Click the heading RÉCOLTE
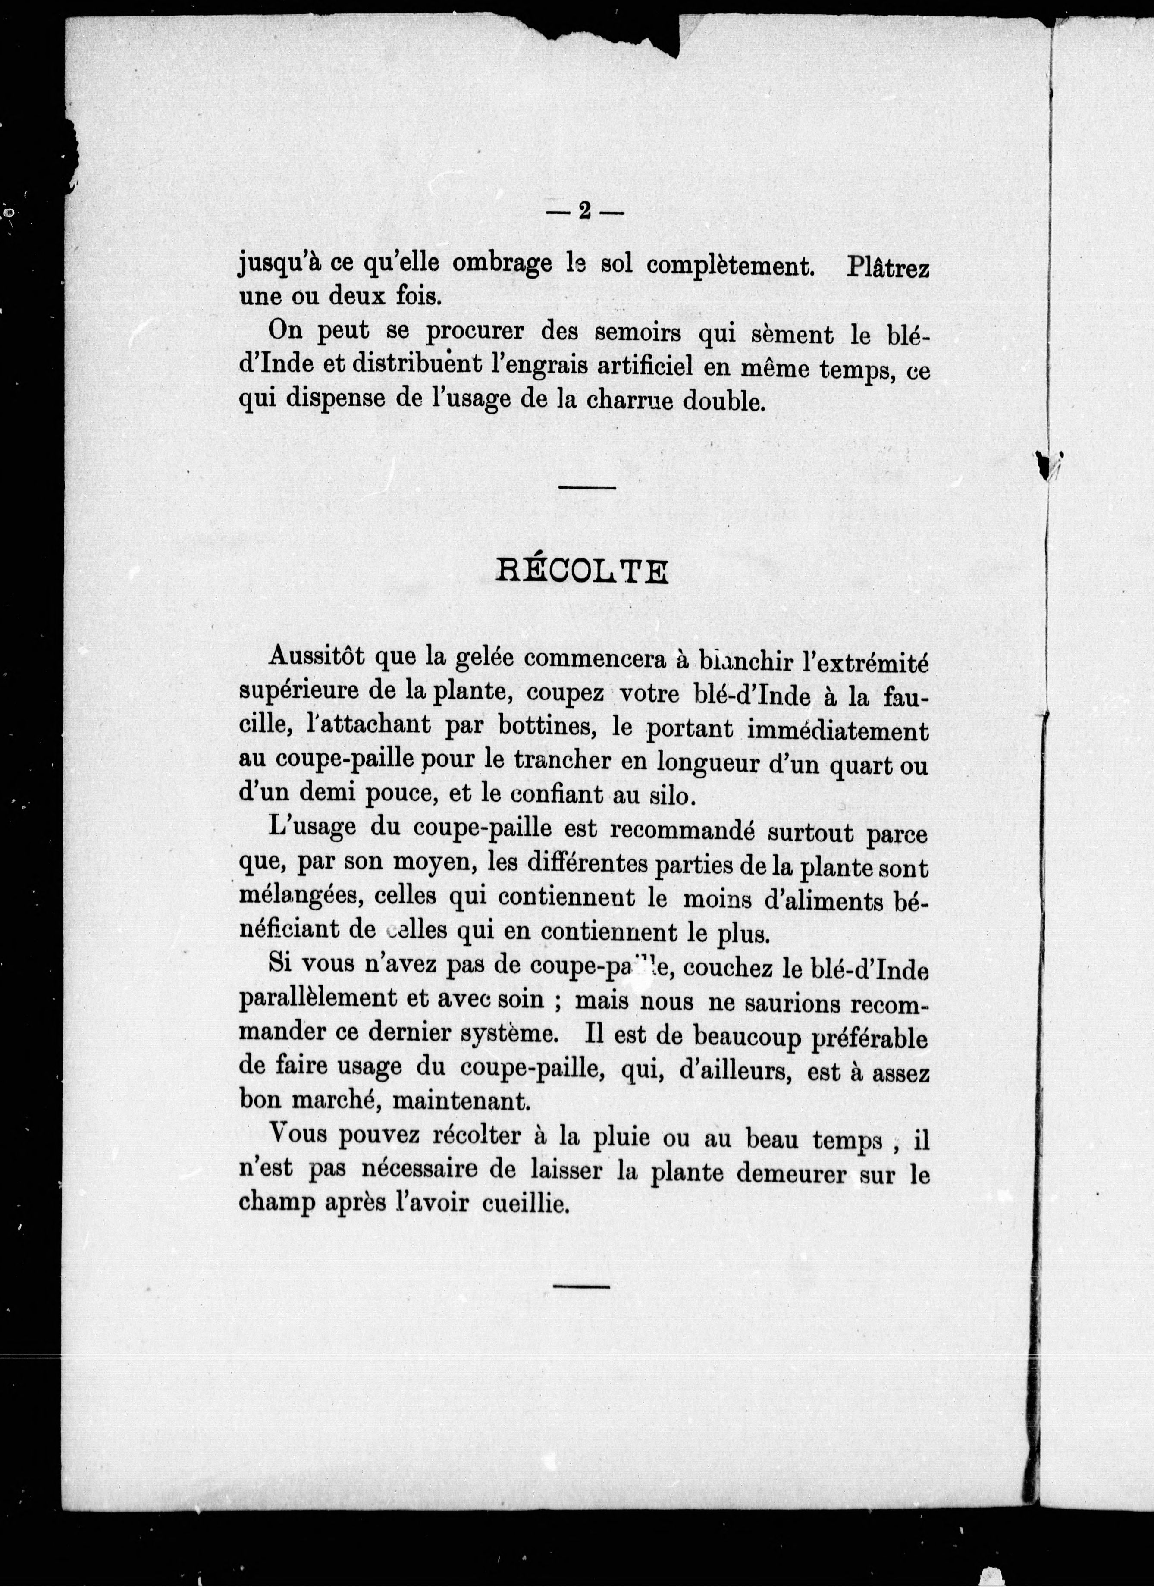pos(582,572)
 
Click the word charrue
pos(631,401)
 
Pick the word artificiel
pos(612,368)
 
